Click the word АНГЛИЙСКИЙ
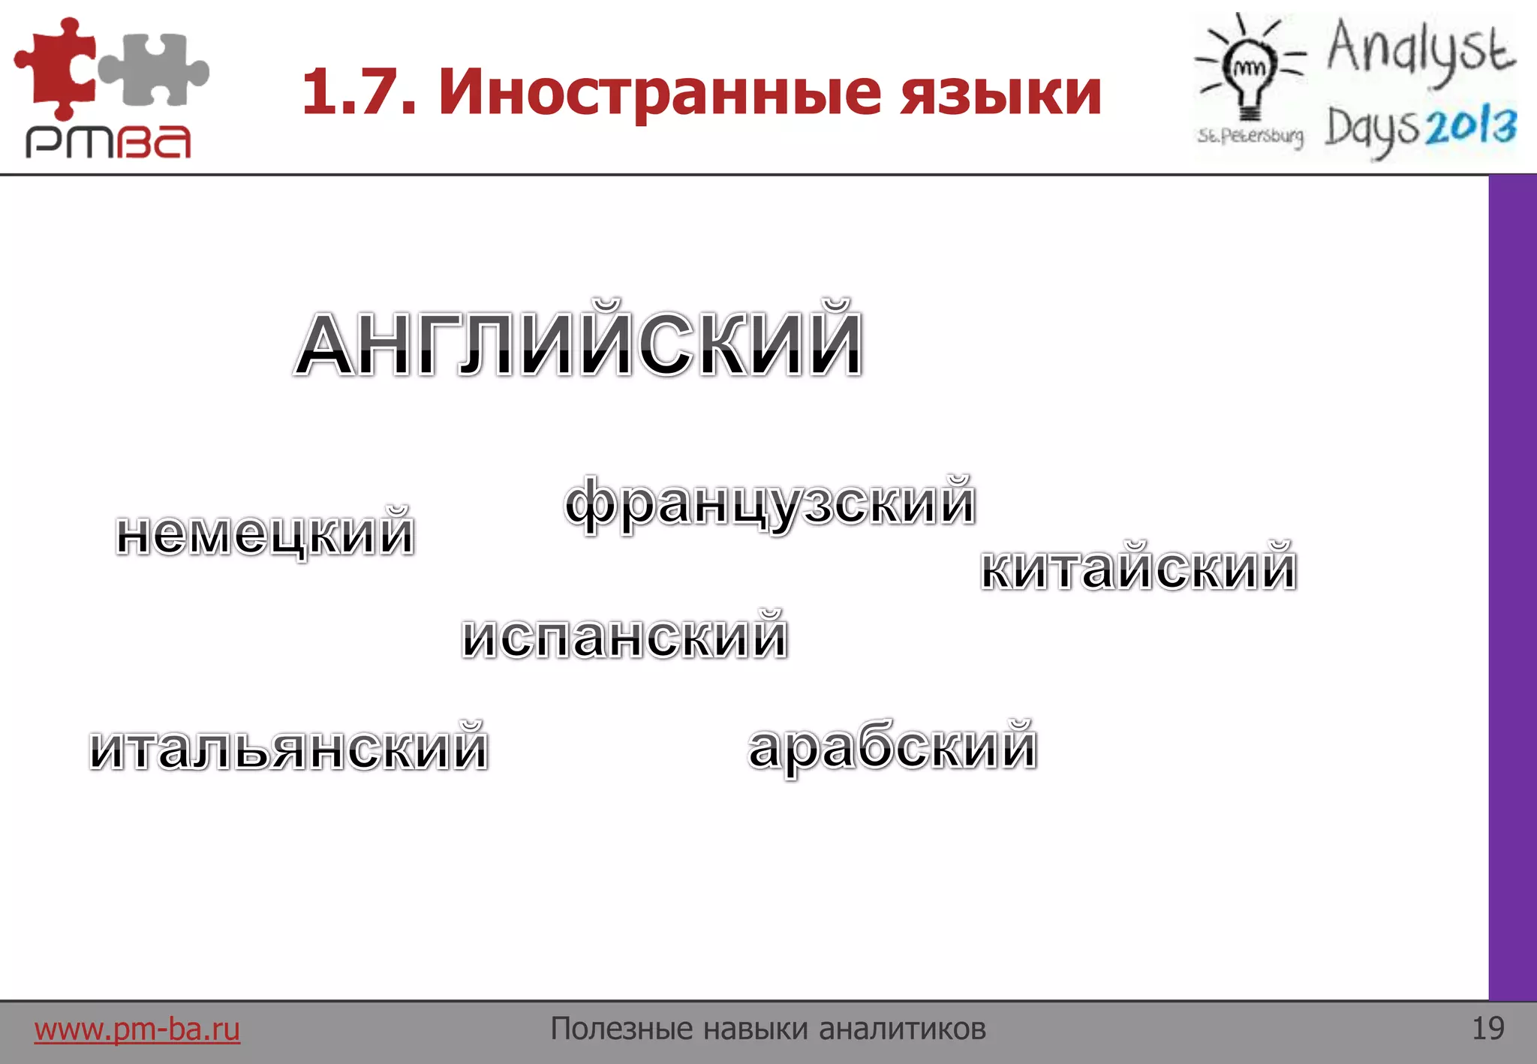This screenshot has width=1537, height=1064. [x=578, y=341]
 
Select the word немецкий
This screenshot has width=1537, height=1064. [x=265, y=533]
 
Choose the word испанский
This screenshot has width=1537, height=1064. [x=624, y=636]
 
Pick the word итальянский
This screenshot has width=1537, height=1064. [x=289, y=747]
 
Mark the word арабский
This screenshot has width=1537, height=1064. [x=892, y=747]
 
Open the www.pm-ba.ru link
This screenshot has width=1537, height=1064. [x=137, y=1029]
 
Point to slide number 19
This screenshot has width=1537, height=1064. [x=1488, y=1029]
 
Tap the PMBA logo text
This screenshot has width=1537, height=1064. [x=108, y=141]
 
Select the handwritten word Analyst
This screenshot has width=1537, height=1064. [x=1421, y=49]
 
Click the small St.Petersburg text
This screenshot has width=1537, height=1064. [x=1250, y=136]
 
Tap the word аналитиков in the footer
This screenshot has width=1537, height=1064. [x=902, y=1029]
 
